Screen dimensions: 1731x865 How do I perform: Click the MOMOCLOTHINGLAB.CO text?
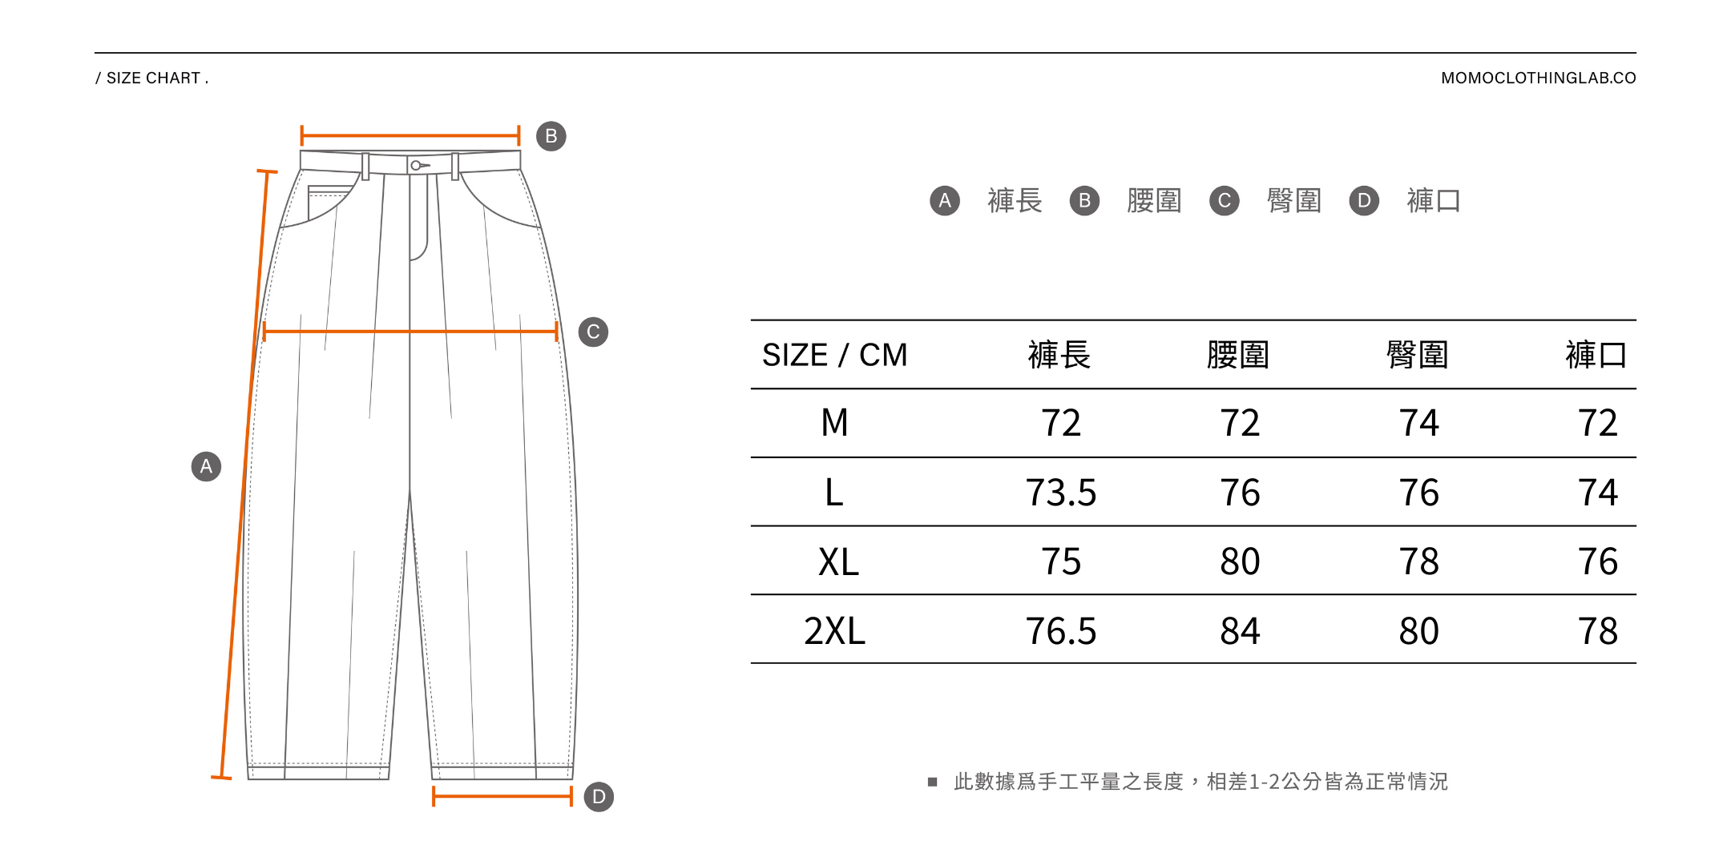(1538, 78)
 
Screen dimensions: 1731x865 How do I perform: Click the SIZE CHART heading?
(152, 78)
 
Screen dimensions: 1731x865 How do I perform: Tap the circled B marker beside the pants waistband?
(551, 136)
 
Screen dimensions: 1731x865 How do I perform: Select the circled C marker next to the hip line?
(593, 332)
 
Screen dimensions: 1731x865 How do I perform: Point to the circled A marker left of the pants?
(206, 466)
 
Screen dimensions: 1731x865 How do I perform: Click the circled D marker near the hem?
(599, 797)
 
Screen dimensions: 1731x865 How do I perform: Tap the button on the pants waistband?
(416, 166)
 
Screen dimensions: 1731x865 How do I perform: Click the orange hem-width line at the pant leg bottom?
(502, 796)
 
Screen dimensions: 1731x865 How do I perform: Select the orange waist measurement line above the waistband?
(410, 135)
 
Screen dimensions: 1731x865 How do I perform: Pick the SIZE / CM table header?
(834, 355)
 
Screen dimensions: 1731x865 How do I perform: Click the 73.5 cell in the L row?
(1060, 493)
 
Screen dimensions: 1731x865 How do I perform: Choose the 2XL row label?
(834, 631)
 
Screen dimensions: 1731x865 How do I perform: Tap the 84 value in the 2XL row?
(1240, 631)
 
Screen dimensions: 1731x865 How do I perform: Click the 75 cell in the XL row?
(1060, 561)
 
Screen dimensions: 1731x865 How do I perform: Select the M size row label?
(834, 423)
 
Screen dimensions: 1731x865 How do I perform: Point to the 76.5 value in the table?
(1060, 631)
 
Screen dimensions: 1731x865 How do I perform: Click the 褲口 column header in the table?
(1596, 355)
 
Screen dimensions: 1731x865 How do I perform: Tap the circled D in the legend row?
(1364, 200)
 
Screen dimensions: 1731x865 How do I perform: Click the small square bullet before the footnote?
(932, 782)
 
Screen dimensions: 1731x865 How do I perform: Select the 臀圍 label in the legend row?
(1293, 200)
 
